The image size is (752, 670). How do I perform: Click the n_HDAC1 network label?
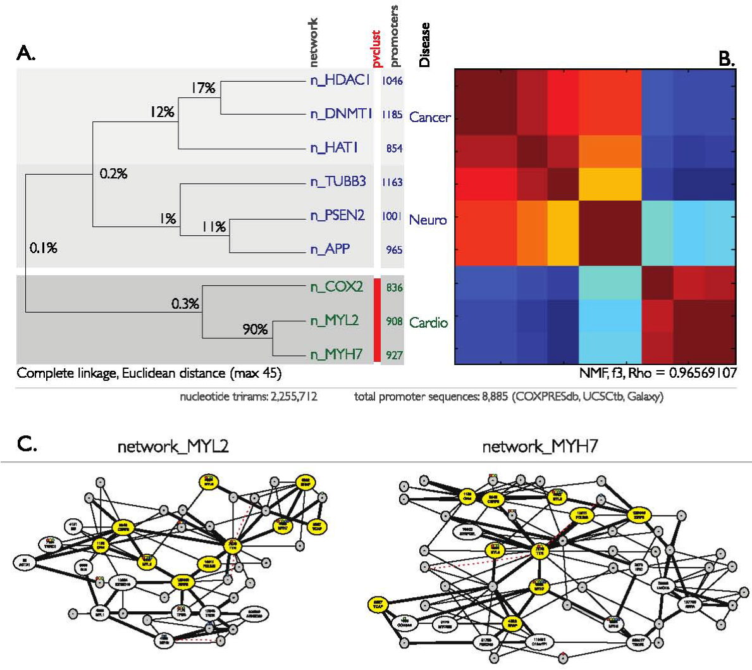340,80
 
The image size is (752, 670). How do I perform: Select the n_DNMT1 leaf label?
341,114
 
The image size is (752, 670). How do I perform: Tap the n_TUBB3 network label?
338,182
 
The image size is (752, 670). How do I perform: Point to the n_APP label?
330,249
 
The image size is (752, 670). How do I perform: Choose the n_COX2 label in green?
336,287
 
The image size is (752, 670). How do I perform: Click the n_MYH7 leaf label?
336,354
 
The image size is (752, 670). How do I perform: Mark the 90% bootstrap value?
255,329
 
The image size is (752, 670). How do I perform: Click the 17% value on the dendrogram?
203,88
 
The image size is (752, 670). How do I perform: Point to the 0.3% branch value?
185,304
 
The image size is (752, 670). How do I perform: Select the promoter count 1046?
392,81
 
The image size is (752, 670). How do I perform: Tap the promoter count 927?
394,355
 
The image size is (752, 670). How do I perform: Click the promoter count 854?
394,148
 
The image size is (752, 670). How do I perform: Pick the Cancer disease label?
429,117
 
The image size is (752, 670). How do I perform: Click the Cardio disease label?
428,323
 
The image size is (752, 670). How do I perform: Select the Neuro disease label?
428,220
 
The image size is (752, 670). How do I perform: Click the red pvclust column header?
376,49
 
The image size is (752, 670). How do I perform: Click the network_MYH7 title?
539,447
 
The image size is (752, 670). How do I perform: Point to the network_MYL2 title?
173,447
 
